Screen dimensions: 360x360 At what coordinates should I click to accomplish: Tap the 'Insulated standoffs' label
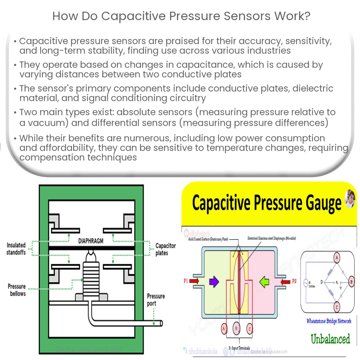click(x=16, y=249)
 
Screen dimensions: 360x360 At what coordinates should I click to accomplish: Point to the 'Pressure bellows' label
click(x=17, y=290)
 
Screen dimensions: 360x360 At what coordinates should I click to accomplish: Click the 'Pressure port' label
click(x=156, y=300)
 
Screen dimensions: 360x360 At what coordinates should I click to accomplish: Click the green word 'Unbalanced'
click(x=330, y=339)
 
